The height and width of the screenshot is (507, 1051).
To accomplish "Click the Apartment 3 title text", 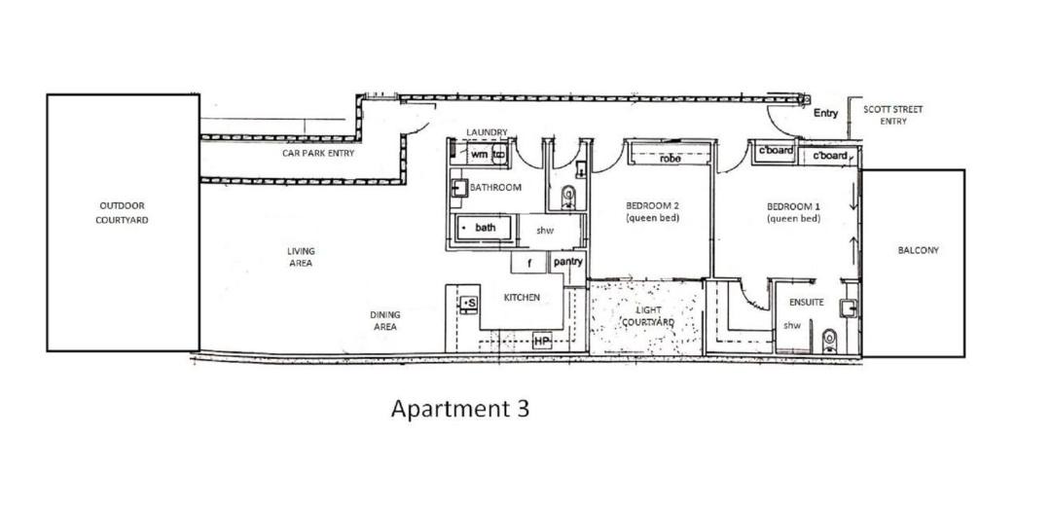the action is pyautogui.click(x=459, y=409).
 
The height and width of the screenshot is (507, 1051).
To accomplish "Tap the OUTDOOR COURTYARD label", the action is pyautogui.click(x=122, y=212).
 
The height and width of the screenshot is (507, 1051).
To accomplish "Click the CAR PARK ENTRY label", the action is pyautogui.click(x=317, y=153).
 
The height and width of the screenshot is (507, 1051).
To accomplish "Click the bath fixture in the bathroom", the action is pyautogui.click(x=484, y=228).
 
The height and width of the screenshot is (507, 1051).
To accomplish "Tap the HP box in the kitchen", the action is pyautogui.click(x=542, y=342).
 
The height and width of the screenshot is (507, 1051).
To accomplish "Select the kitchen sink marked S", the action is pyautogui.click(x=468, y=303).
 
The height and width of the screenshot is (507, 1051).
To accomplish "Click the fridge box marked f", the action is pyautogui.click(x=528, y=263).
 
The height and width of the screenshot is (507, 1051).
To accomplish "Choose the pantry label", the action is pyautogui.click(x=567, y=262).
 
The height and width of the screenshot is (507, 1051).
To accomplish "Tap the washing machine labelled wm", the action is pyautogui.click(x=479, y=155).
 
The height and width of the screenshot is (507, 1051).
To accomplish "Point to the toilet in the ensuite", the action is pyautogui.click(x=829, y=342).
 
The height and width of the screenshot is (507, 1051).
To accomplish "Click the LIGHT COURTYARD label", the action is pyautogui.click(x=647, y=316).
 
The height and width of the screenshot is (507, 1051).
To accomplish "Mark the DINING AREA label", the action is pyautogui.click(x=384, y=320).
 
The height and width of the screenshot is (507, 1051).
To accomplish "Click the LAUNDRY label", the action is pyautogui.click(x=488, y=132).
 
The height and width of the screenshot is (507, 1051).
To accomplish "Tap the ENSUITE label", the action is pyautogui.click(x=806, y=303).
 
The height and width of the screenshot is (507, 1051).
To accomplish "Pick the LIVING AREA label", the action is pyautogui.click(x=301, y=257).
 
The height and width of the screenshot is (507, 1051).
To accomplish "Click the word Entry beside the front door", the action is pyautogui.click(x=826, y=113).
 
